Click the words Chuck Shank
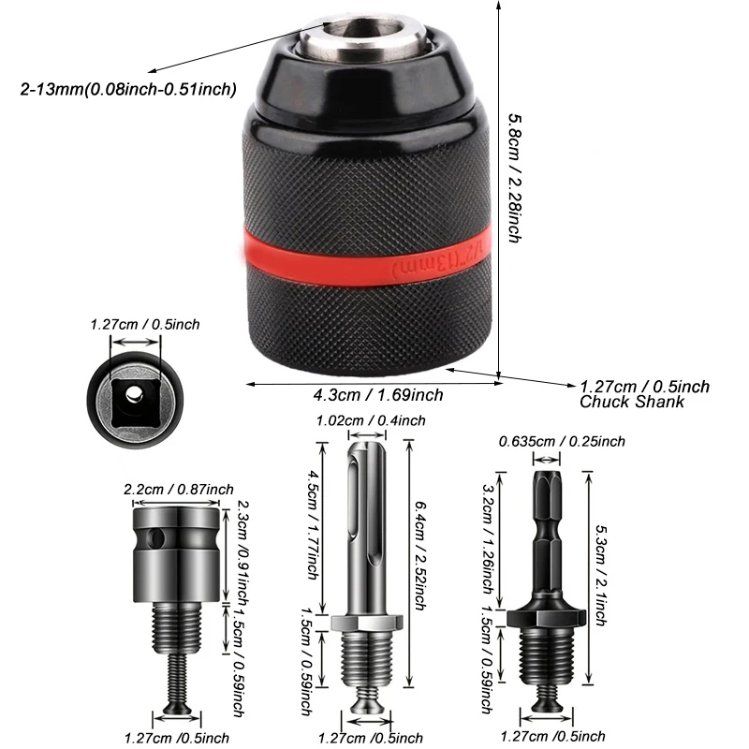[631, 402]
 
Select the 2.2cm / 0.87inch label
[178, 489]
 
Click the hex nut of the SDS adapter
[364, 622]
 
